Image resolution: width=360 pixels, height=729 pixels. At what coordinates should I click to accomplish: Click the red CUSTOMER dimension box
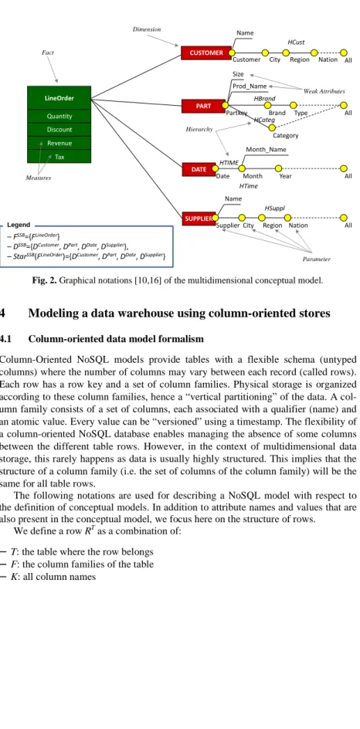(206, 53)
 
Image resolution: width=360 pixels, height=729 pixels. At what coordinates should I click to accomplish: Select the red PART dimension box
(203, 106)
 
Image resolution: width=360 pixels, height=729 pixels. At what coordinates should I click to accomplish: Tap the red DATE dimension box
(199, 169)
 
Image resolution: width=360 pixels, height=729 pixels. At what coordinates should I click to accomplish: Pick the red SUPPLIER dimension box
(199, 218)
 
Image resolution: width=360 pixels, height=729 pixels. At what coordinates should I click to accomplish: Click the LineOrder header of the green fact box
(59, 98)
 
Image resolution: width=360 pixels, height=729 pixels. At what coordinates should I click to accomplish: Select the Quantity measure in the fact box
(59, 117)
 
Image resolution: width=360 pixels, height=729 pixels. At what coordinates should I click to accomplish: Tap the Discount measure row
(59, 130)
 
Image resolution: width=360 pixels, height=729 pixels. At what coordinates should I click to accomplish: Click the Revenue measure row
(59, 143)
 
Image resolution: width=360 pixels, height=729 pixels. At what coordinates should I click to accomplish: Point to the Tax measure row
(59, 157)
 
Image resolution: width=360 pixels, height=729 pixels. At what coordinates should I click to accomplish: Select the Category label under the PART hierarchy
(286, 136)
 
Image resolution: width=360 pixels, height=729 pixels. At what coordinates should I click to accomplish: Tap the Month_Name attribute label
(266, 150)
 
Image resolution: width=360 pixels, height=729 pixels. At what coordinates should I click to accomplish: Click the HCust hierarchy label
(297, 42)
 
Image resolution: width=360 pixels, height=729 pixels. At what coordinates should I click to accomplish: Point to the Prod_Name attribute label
(250, 86)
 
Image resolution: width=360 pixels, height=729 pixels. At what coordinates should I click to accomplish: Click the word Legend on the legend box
(19, 225)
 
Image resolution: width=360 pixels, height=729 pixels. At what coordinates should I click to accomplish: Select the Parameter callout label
(316, 259)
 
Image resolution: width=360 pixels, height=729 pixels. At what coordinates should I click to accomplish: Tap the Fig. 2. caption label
(45, 280)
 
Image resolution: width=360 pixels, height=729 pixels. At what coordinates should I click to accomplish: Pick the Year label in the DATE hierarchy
(286, 176)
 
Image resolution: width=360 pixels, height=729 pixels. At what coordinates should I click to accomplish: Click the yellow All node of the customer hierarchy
(344, 53)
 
